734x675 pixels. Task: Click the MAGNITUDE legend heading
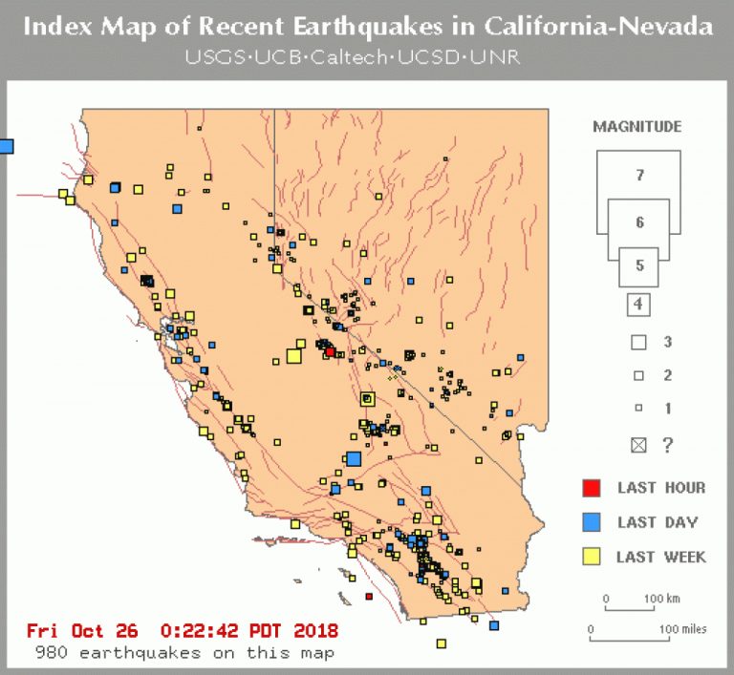pyautogui.click(x=637, y=126)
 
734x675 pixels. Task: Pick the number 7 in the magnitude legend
pyautogui.click(x=639, y=175)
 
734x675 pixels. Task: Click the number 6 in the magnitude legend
pyautogui.click(x=639, y=222)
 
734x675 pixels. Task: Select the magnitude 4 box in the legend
pyautogui.click(x=639, y=306)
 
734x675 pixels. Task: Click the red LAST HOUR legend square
pyautogui.click(x=592, y=489)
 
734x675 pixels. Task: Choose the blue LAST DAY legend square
pyautogui.click(x=592, y=522)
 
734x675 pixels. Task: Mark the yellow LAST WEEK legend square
pyautogui.click(x=592, y=557)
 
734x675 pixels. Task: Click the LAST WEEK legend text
pyautogui.click(x=661, y=557)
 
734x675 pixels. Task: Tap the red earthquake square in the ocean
pyautogui.click(x=369, y=597)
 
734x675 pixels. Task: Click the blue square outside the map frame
pyautogui.click(x=7, y=146)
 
